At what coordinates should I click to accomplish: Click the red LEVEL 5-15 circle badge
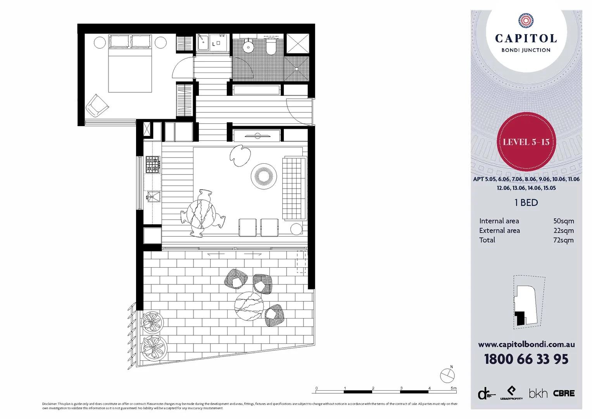tap(526, 142)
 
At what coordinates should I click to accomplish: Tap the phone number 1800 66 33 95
tap(526, 359)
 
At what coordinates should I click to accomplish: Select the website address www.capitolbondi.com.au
tap(526, 345)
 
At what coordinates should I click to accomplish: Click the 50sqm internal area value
tap(563, 221)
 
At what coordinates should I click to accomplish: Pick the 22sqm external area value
tap(563, 230)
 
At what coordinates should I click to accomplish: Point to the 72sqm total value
tap(563, 240)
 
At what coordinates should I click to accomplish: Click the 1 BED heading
tap(526, 203)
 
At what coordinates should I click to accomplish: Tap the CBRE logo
tap(564, 393)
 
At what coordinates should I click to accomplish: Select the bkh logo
tap(538, 393)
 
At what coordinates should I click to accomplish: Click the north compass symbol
tap(447, 375)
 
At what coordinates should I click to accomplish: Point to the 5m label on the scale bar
tap(453, 388)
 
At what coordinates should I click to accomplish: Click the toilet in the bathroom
tap(271, 47)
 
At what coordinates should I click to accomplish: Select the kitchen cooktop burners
tap(153, 164)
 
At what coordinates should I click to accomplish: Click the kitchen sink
tap(153, 196)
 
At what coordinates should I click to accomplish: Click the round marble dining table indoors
tap(201, 213)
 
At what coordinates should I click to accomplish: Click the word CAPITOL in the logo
tap(526, 38)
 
